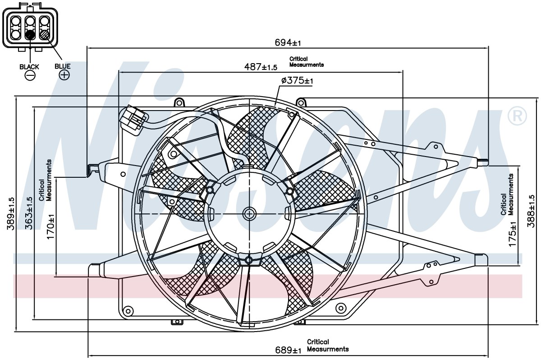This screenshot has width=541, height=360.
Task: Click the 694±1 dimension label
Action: pyautogui.click(x=288, y=43)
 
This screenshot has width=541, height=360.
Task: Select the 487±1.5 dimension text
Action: pyautogui.click(x=261, y=67)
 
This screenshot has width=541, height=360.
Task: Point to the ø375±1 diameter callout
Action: pyautogui.click(x=297, y=80)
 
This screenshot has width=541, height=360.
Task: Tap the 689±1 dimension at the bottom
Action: pyautogui.click(x=288, y=350)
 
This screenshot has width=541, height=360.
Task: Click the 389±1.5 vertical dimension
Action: pyautogui.click(x=11, y=213)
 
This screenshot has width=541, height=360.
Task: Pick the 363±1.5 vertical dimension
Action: pyautogui.click(x=29, y=213)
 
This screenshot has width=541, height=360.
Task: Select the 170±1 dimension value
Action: pyautogui.click(x=50, y=226)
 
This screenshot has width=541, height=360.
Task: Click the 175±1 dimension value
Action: pyautogui.click(x=512, y=234)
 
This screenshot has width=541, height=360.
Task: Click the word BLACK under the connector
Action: pyautogui.click(x=29, y=67)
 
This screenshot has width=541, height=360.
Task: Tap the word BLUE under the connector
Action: pyautogui.click(x=63, y=66)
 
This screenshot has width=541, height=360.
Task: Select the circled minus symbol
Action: pyautogui.click(x=30, y=76)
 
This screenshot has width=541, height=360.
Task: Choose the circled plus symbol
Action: pyautogui.click(x=64, y=74)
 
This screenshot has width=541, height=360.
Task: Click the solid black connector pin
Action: pyautogui.click(x=30, y=35)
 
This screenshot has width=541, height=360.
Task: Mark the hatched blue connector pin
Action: pyautogui.click(x=45, y=35)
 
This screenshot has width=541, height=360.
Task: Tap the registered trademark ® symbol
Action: pyautogui.click(x=517, y=116)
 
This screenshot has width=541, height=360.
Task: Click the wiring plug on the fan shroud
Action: pyautogui.click(x=133, y=120)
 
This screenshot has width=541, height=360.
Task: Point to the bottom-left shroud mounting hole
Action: pyautogui.click(x=128, y=311)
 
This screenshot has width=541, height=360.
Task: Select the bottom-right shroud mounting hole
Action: pyautogui.click(x=341, y=308)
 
